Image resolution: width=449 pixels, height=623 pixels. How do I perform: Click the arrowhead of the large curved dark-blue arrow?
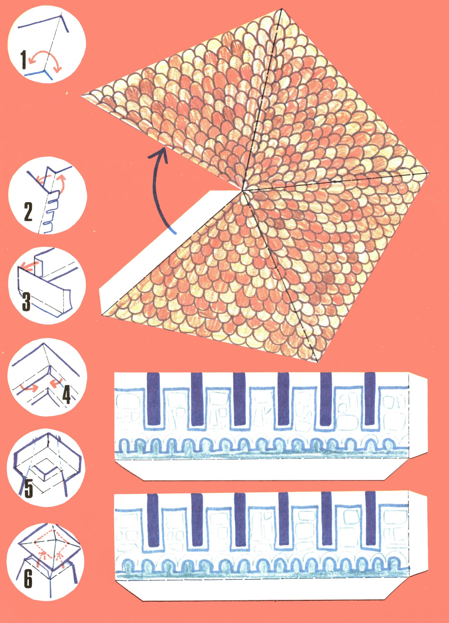pos(160,153)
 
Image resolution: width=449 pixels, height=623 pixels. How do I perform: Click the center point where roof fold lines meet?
pos(242,190)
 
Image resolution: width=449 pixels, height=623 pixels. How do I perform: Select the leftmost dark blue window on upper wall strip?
pos(153,400)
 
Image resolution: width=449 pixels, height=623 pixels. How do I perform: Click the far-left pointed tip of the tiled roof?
pos(81,95)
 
